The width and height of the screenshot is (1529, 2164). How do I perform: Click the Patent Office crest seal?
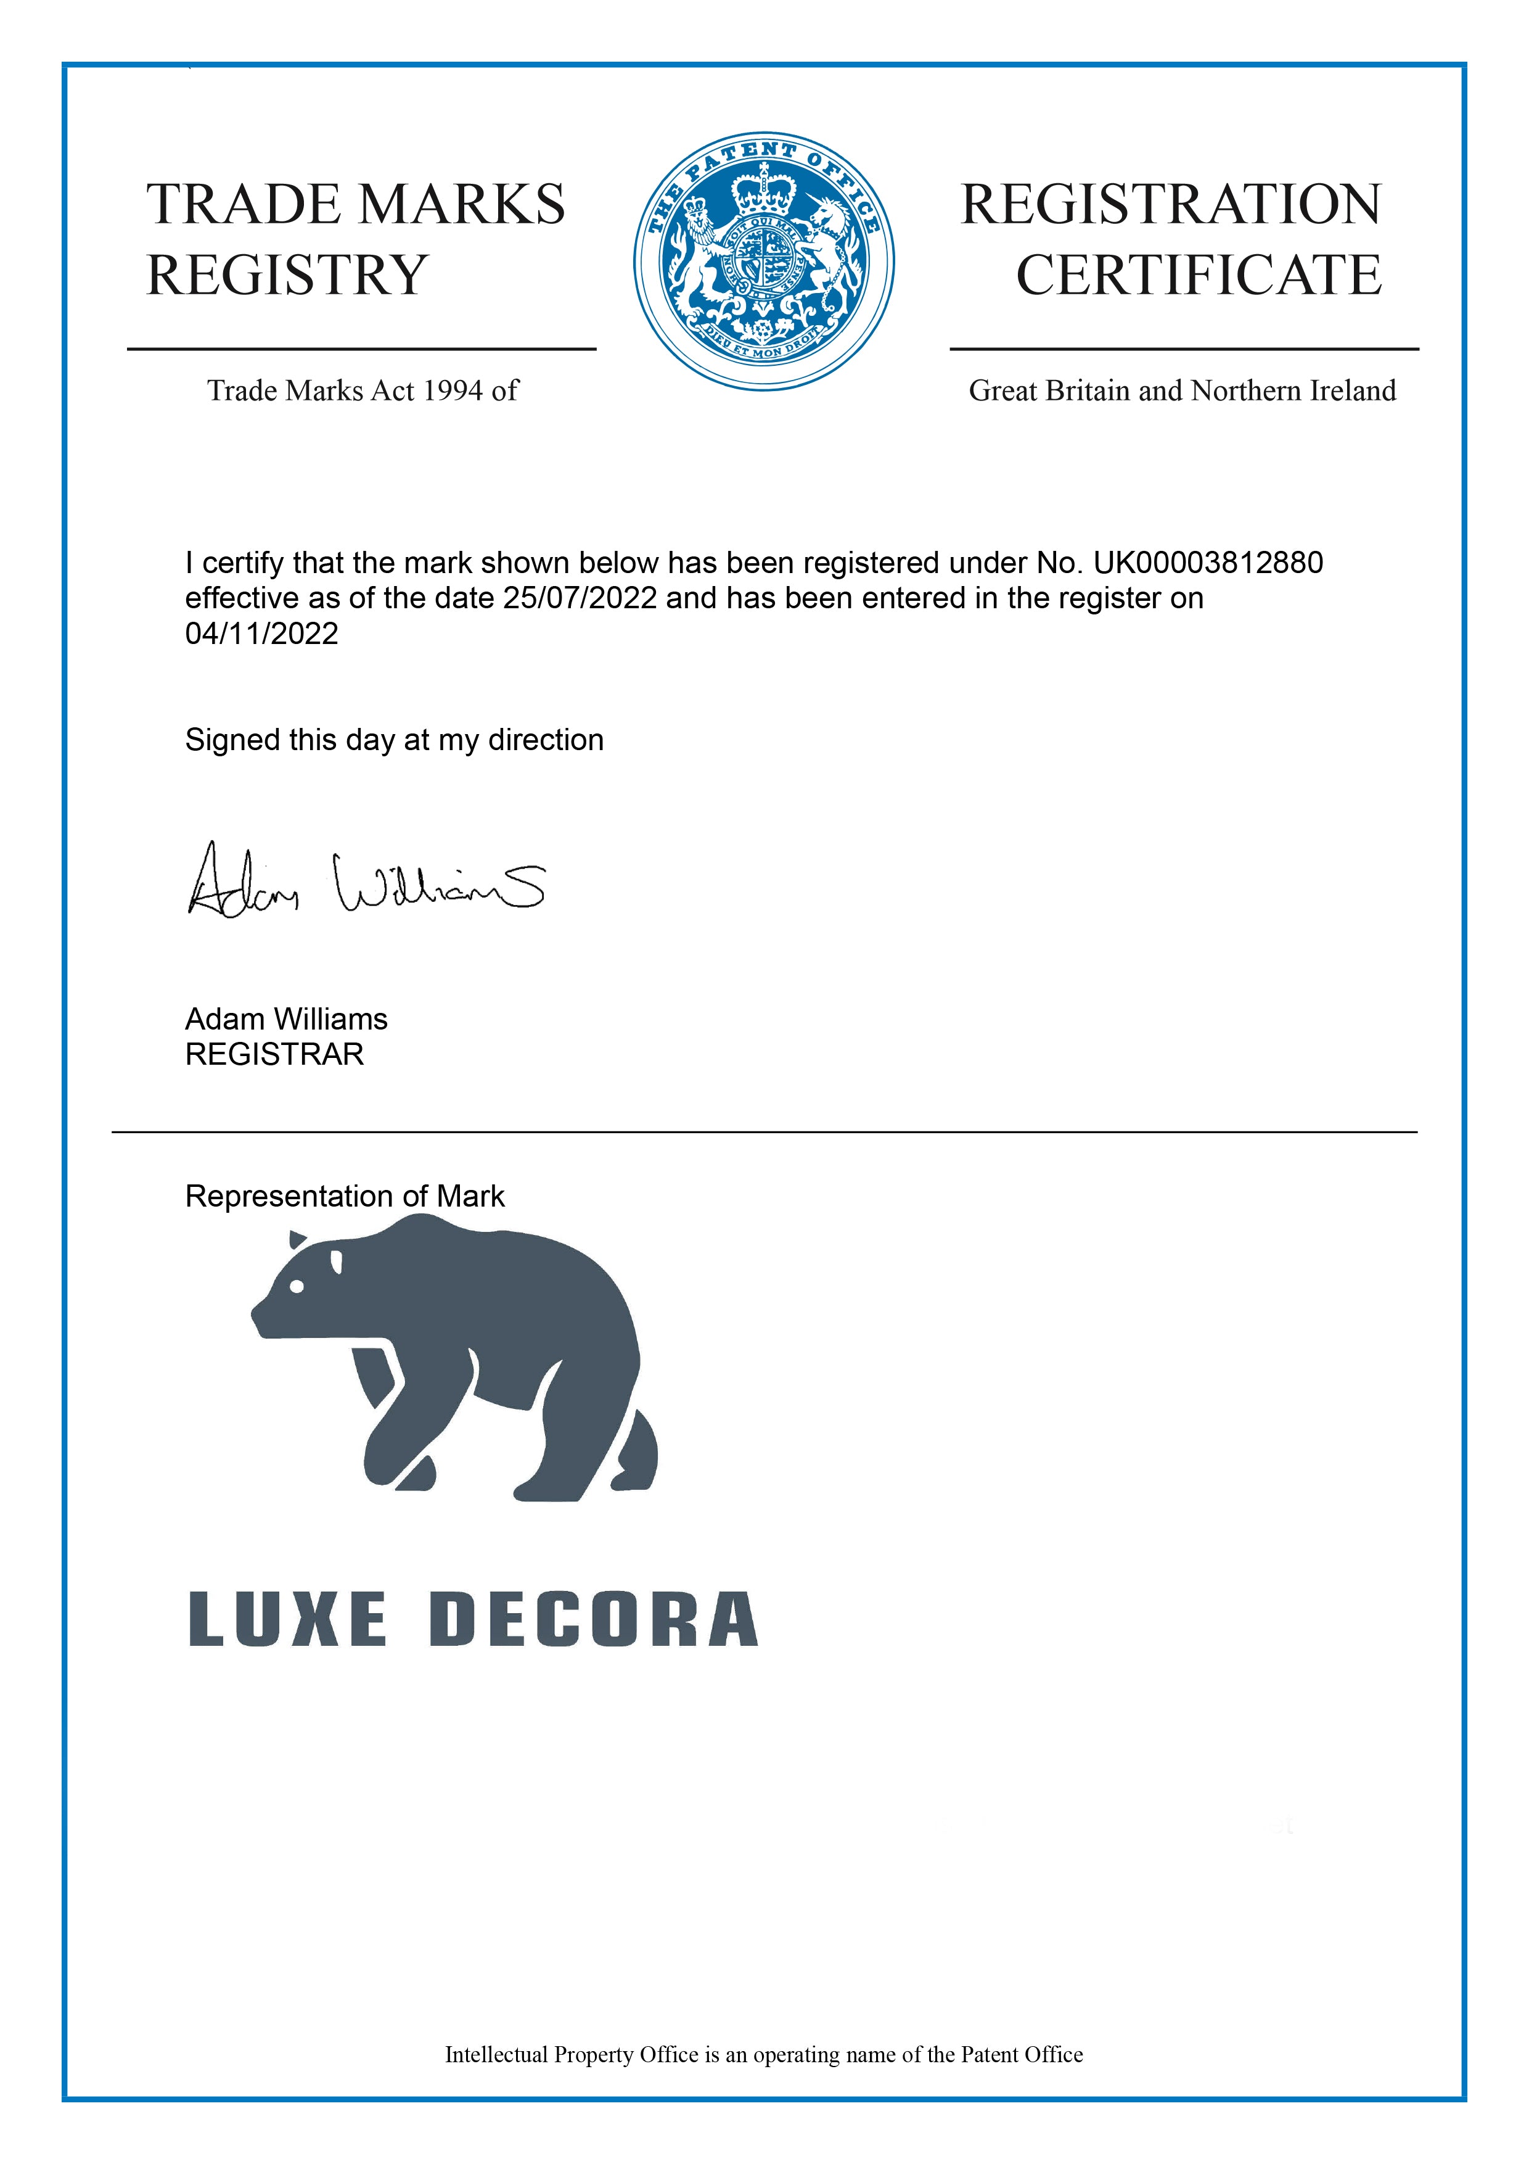(x=763, y=261)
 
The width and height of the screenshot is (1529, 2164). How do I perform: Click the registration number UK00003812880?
(x=1208, y=563)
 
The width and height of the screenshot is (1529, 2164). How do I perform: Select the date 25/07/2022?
(x=580, y=598)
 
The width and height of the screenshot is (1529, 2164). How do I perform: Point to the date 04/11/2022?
(x=261, y=634)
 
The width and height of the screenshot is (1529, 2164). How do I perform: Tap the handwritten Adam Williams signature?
(x=366, y=882)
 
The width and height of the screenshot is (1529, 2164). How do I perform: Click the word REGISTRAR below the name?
(x=274, y=1055)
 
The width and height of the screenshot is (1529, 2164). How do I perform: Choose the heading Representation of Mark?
(x=345, y=1196)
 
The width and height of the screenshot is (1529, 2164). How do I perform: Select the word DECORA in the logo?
(x=594, y=1619)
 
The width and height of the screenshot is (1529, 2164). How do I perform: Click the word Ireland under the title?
(x=1353, y=391)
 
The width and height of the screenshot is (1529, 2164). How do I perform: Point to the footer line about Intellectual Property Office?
(x=763, y=2055)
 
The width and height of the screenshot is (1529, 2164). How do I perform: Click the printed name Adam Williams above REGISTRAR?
(x=287, y=1019)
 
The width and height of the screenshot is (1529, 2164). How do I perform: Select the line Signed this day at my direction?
(x=394, y=740)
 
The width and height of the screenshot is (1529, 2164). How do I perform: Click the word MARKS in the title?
(x=462, y=205)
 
